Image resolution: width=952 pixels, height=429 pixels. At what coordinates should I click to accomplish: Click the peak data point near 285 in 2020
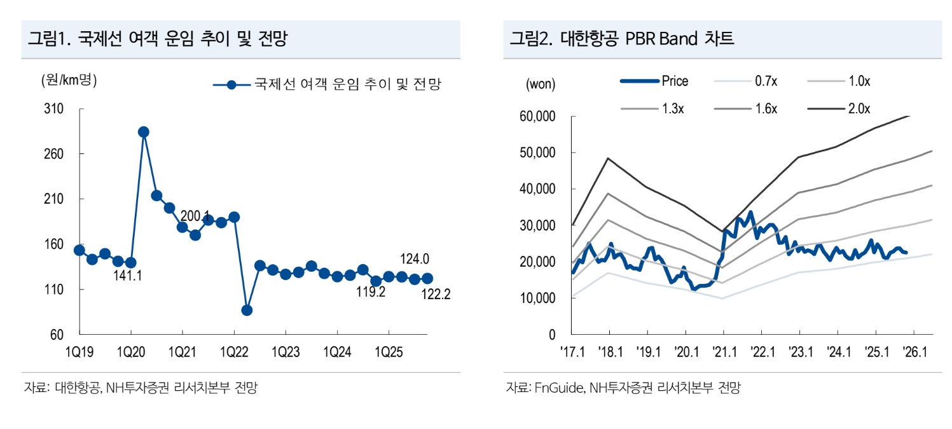pos(144,132)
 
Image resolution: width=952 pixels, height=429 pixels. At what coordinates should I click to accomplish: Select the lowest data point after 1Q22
pos(247,310)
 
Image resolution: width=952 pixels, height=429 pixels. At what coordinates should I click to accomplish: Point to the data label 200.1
pos(195,216)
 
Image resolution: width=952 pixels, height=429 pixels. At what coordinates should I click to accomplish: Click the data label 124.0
pos(415,259)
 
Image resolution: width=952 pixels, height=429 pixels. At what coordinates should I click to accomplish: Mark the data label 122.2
pos(435,295)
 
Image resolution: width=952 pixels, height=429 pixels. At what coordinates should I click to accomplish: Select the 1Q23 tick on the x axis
pos(285,350)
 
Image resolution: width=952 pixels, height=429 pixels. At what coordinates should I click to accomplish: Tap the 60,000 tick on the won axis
pos(537,116)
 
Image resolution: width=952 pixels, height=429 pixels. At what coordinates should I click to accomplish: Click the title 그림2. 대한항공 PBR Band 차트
pos(621,39)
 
